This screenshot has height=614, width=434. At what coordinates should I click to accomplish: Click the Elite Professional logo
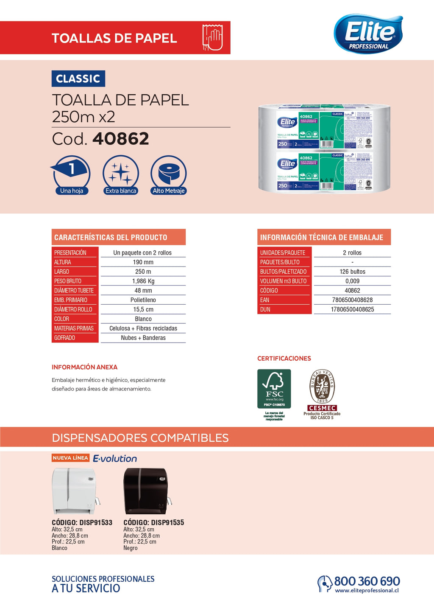click(x=368, y=34)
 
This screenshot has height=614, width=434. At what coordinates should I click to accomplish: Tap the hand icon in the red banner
click(x=212, y=38)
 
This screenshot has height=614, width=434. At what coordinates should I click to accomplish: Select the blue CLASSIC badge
click(x=78, y=79)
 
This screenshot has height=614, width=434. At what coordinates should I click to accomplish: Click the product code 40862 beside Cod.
click(x=121, y=139)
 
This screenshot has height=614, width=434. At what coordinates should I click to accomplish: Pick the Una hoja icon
click(x=71, y=174)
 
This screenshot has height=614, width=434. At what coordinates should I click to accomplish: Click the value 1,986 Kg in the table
click(x=143, y=281)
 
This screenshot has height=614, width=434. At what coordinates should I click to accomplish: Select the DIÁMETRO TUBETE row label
click(x=74, y=291)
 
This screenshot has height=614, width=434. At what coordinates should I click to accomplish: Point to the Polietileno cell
click(x=143, y=300)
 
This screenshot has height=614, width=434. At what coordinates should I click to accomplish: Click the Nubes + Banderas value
click(x=143, y=338)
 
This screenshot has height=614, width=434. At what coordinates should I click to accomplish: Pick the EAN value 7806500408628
click(x=352, y=300)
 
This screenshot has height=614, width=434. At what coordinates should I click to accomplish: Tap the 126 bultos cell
click(x=352, y=272)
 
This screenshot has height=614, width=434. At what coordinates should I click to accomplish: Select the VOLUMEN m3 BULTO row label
click(x=283, y=281)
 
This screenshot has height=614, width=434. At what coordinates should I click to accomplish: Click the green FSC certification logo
click(x=274, y=389)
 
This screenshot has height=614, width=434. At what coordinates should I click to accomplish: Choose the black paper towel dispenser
click(x=147, y=491)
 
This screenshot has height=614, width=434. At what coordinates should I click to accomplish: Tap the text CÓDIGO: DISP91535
click(x=153, y=522)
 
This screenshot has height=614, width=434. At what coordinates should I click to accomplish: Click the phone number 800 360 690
click(x=367, y=581)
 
